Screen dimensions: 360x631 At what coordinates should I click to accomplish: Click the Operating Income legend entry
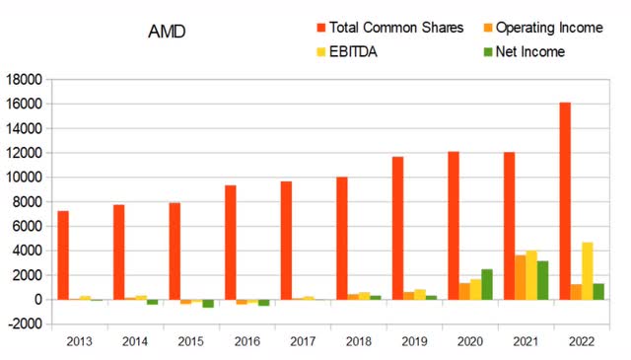(x=549, y=28)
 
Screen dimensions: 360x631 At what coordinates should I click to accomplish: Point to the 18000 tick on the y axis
(x=26, y=80)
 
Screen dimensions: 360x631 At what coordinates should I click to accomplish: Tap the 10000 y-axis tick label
(x=26, y=178)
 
